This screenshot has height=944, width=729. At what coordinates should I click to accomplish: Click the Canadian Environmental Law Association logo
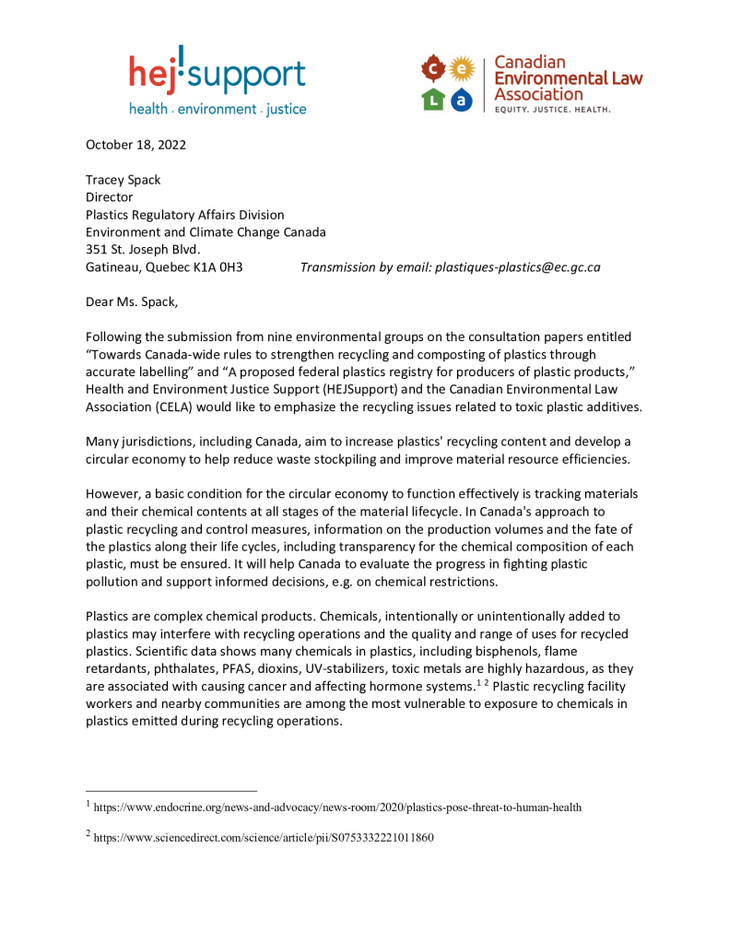coord(531,84)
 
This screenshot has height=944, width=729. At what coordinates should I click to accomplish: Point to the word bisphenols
coord(523,652)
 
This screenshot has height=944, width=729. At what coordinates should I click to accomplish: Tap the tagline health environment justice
coord(217,110)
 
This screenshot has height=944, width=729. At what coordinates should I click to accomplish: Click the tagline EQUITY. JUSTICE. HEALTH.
coord(553,109)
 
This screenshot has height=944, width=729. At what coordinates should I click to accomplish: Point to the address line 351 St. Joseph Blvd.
coord(143,250)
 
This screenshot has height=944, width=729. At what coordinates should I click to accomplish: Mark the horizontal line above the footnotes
coord(170,790)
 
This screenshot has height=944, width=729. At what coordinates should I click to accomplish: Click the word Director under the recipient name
coord(110,197)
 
